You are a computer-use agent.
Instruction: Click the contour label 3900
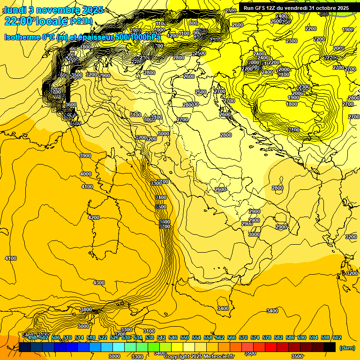click(85, 156)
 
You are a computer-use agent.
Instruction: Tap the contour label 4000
click(86, 174)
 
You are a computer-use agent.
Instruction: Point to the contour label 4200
click(94, 217)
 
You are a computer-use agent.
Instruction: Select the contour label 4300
click(99, 283)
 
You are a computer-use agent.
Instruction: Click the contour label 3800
click(86, 309)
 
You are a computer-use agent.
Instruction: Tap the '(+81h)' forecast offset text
click(81, 21)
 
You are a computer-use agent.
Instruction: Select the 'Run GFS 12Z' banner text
click(263, 8)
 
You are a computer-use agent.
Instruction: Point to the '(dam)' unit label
click(347, 348)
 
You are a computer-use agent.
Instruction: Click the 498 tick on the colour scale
click(32, 337)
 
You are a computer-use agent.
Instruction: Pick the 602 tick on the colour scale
click(337, 337)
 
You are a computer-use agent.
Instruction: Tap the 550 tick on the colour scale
click(185, 337)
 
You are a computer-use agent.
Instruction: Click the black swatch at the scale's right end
click(330, 347)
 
